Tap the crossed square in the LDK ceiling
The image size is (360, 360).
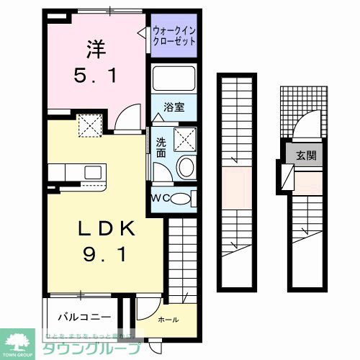pos(91,128)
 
